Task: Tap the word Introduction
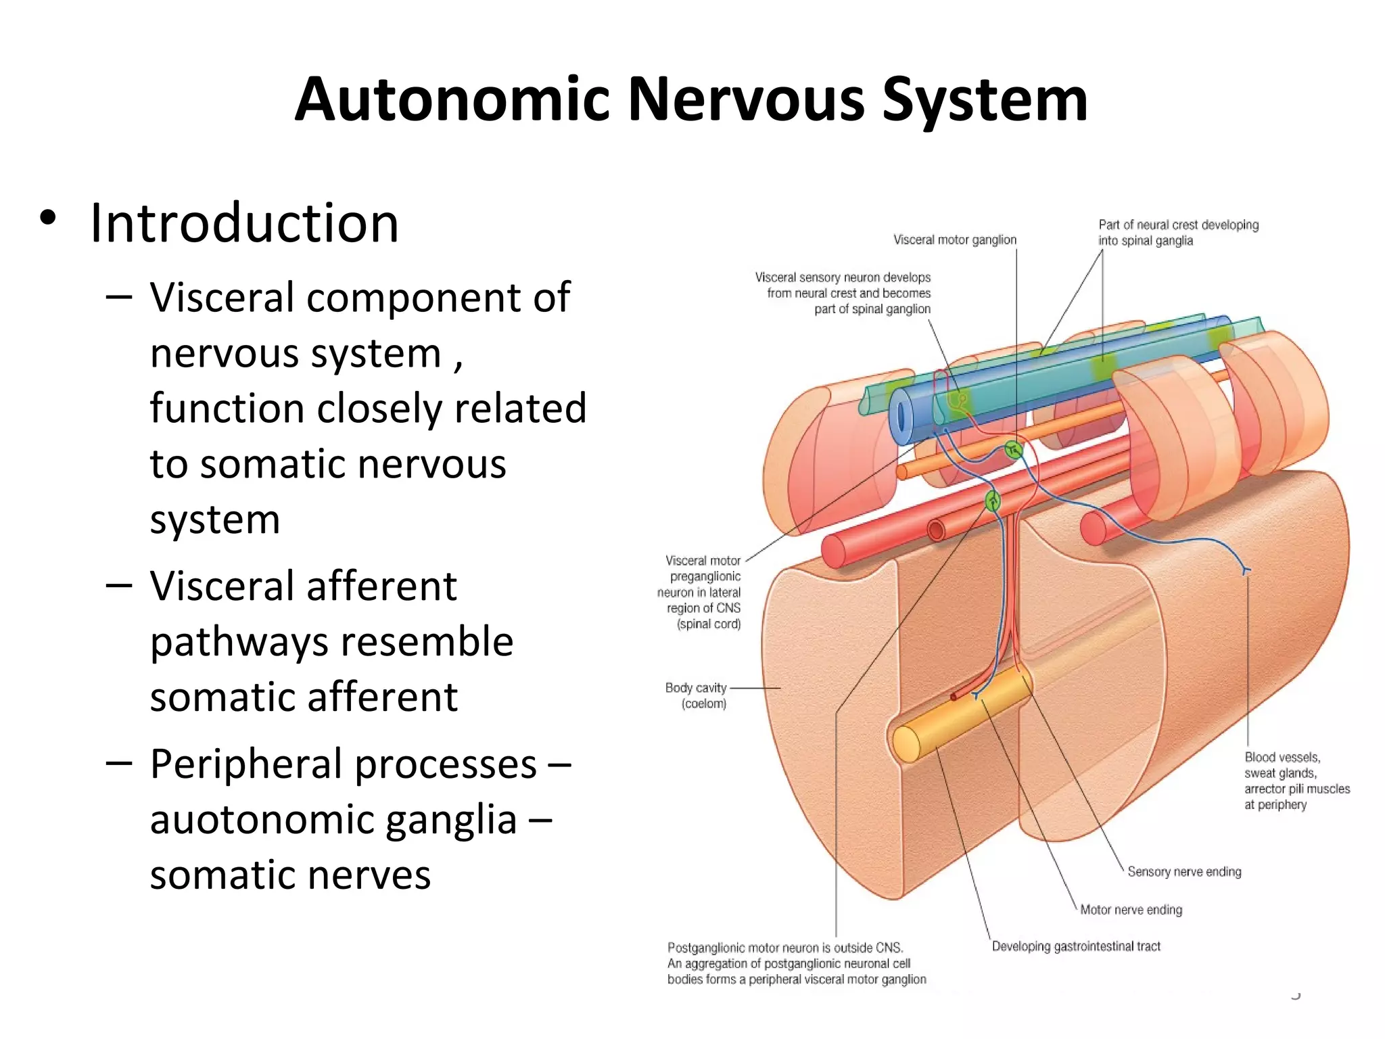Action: click(244, 223)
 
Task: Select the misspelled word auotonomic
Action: click(333, 820)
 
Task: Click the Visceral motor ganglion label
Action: click(954, 239)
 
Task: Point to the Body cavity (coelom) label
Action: click(696, 695)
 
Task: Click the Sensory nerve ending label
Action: click(1184, 871)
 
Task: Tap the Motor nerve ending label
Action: click(1131, 910)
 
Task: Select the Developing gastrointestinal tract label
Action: click(1076, 946)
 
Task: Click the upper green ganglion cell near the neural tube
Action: click(1012, 449)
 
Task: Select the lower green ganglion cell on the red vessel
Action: click(992, 501)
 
